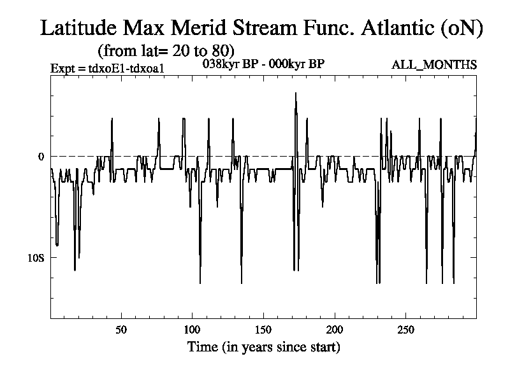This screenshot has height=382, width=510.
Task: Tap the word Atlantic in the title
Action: (x=400, y=29)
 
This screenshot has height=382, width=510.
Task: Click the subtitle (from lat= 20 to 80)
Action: (x=166, y=50)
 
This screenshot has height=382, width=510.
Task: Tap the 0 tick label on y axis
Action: (x=41, y=157)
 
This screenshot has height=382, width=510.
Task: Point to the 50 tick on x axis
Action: (x=121, y=330)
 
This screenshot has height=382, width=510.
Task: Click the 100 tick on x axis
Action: (x=192, y=330)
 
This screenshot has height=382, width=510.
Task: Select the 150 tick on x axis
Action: (x=263, y=330)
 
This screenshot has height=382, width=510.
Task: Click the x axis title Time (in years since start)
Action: (x=263, y=348)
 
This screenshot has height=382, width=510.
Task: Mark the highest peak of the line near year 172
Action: (x=295, y=93)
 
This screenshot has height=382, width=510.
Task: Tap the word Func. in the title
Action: (x=333, y=29)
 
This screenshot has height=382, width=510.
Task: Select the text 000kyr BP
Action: (x=296, y=64)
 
